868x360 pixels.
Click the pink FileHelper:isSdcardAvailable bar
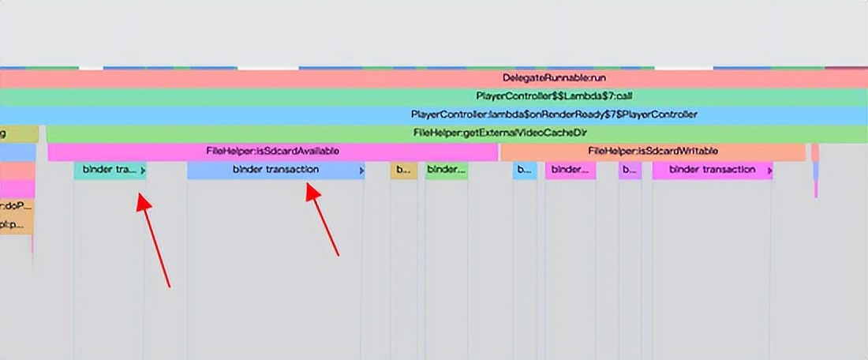pos(272,151)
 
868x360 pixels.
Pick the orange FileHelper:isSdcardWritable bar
pos(653,151)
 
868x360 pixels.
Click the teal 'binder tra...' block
pos(110,170)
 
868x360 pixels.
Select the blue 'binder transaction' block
pos(275,170)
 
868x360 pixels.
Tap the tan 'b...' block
pos(403,170)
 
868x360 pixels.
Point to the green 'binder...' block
pos(447,170)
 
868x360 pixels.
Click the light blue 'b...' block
pos(525,170)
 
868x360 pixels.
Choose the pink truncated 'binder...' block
pos(570,170)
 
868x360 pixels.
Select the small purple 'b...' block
pos(630,170)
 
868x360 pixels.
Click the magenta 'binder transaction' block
pos(712,170)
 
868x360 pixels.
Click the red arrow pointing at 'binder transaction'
pos(324,220)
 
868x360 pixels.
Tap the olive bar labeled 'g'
pos(18,133)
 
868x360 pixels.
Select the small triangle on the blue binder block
pos(361,171)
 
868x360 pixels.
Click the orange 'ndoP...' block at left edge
pos(17,208)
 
